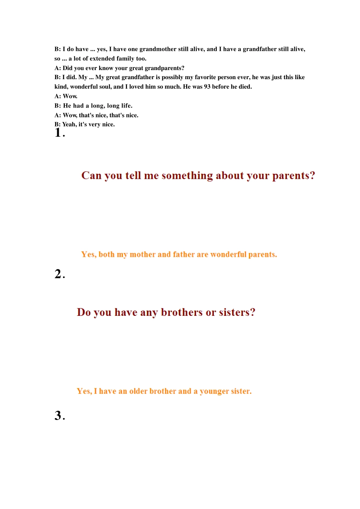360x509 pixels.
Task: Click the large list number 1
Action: pyautogui.click(x=58, y=133)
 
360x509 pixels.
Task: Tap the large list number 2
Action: pyautogui.click(x=58, y=274)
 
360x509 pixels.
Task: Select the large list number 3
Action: pyautogui.click(x=58, y=415)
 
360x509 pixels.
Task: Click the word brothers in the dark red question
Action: pyautogui.click(x=182, y=312)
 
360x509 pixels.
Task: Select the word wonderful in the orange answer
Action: pyautogui.click(x=228, y=254)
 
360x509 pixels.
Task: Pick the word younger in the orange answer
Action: pyautogui.click(x=215, y=391)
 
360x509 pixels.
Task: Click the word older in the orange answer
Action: pyautogui.click(x=138, y=391)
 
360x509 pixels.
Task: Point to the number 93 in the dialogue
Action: pyautogui.click(x=207, y=87)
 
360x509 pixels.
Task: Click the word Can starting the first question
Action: pyautogui.click(x=91, y=176)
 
